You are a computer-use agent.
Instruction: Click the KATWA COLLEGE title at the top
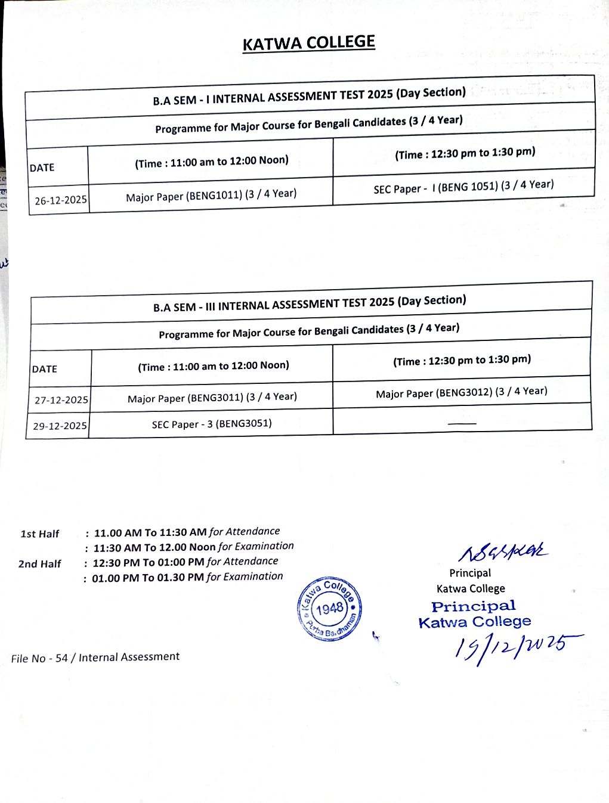click(x=308, y=44)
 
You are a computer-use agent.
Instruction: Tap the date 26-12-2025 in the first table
click(x=60, y=200)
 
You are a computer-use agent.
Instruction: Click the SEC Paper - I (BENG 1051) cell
click(x=463, y=187)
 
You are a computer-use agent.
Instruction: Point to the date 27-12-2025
click(x=61, y=400)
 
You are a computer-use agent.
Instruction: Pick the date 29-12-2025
click(x=60, y=426)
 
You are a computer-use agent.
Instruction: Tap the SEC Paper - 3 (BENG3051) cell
click(x=212, y=424)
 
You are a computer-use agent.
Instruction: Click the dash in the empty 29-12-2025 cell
click(x=462, y=423)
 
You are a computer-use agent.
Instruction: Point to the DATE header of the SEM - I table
click(x=42, y=168)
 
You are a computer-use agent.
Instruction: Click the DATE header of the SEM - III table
click(x=45, y=369)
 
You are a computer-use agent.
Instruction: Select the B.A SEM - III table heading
click(x=310, y=303)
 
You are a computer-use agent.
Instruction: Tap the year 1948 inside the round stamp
click(x=330, y=609)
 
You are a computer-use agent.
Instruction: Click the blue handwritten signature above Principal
click(x=502, y=552)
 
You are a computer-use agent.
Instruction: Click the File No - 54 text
click(x=95, y=658)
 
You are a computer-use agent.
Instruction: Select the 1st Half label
click(x=40, y=534)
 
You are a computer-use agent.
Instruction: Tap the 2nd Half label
click(x=39, y=563)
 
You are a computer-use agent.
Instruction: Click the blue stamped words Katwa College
click(x=475, y=622)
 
